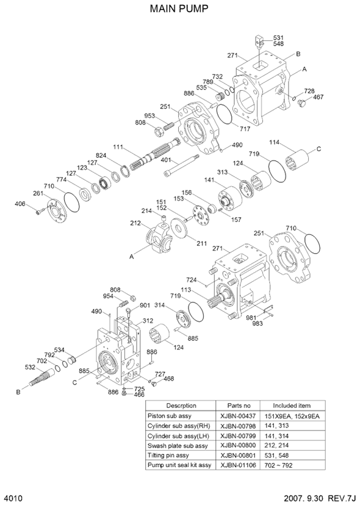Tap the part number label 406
(x=21, y=204)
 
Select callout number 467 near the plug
(x=318, y=97)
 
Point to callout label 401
(x=165, y=160)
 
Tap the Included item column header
(x=291, y=405)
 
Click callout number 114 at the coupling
(x=274, y=143)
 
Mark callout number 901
(x=145, y=306)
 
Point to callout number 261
(x=38, y=194)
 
